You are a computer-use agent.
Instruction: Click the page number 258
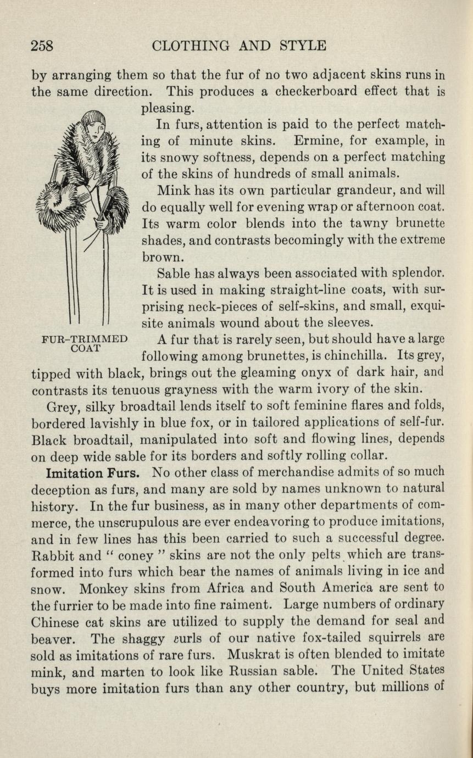click(x=42, y=46)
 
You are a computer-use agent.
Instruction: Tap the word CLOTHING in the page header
click(x=192, y=46)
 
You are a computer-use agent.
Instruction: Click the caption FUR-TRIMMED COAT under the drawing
click(x=85, y=343)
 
